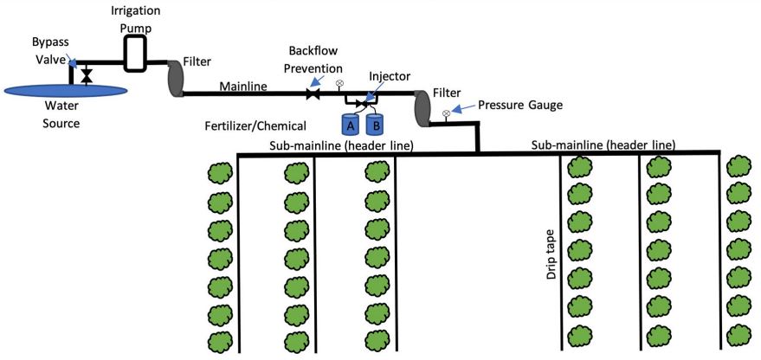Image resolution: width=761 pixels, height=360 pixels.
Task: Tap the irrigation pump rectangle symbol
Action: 135,55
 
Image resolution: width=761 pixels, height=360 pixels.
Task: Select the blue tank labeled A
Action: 351,124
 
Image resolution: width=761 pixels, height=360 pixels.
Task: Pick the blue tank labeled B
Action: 374,124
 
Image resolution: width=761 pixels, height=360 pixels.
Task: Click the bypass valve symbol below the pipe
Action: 87,77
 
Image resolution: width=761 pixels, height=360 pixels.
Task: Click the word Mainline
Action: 243,86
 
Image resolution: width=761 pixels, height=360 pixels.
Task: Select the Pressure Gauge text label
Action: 520,105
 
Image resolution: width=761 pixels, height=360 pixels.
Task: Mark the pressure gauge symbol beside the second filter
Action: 446,113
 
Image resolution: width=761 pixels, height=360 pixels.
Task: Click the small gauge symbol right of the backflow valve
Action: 339,83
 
